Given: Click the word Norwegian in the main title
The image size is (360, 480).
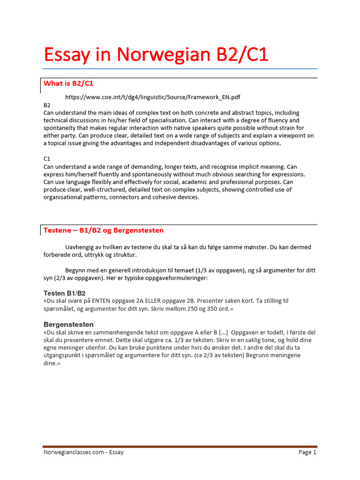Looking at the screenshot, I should tap(157, 55).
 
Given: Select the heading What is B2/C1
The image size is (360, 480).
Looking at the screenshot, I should tap(68, 83).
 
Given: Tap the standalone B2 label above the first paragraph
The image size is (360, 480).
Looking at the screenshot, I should tap(47, 105).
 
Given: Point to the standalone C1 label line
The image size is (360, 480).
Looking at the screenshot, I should tap(47, 159).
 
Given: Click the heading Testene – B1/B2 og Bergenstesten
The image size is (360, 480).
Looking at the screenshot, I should tap(104, 231).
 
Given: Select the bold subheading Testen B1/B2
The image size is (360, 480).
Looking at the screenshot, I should tap(65, 293).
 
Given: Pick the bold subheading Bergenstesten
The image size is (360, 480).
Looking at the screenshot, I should tap(68, 324).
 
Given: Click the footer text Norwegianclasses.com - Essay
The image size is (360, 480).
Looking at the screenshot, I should tap(83, 452).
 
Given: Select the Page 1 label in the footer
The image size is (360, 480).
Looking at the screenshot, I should tap(307, 452).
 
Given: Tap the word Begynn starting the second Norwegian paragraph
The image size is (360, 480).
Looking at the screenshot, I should tap(76, 270).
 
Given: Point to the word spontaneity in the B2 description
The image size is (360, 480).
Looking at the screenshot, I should tap(61, 128).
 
